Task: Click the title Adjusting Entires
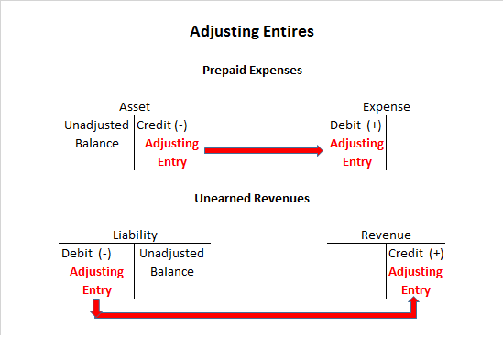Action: coord(251,31)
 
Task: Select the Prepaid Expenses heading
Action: coord(251,70)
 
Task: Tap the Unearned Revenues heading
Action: coord(251,197)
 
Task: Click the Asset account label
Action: coord(135,106)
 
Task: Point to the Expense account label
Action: coord(386,106)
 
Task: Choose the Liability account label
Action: coord(135,235)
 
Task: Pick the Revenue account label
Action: coord(386,235)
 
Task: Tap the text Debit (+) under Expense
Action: coord(355,125)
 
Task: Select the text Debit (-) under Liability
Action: coord(86,253)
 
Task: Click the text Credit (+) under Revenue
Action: coord(416,253)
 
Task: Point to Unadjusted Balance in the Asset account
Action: coord(97,134)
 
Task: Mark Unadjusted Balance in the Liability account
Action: coord(172,262)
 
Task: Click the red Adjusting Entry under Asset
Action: coord(172,152)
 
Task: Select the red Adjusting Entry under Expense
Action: coord(357,152)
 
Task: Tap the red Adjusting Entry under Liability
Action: coord(96,280)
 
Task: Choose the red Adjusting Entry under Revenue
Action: coord(416,280)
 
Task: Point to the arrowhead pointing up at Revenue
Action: coord(414,301)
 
